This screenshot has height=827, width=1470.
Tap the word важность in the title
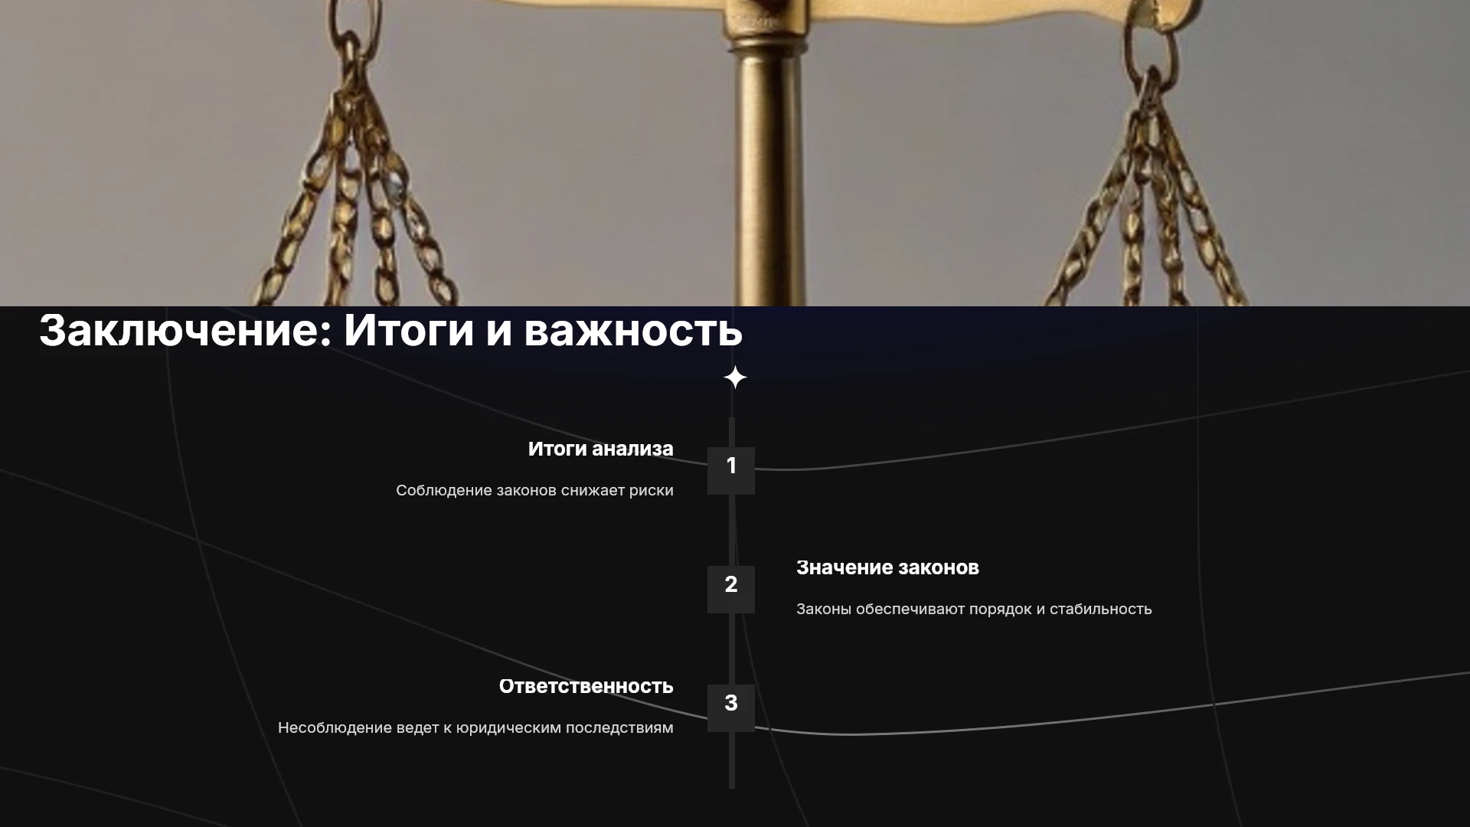633,331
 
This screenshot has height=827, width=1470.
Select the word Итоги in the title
409,331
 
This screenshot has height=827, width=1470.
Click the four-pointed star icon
735,378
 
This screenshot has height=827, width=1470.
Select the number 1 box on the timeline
731,471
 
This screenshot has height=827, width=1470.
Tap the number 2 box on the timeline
731,590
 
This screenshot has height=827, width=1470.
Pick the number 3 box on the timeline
731,708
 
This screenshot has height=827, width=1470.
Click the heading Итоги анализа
601,449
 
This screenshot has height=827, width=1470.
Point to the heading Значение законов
887,567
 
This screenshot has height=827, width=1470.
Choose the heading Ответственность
586,686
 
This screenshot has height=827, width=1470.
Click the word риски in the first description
652,491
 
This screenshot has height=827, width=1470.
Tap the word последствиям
619,728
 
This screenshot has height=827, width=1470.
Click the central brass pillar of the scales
769,168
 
